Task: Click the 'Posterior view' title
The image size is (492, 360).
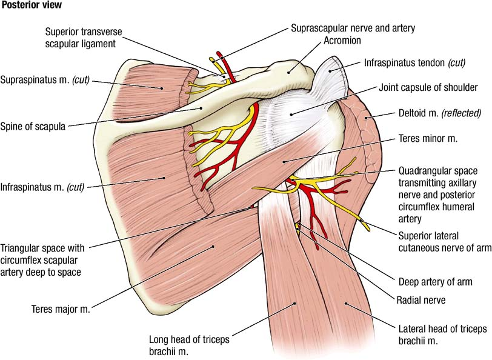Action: [x=32, y=5]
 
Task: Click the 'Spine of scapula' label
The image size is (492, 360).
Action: [x=33, y=126]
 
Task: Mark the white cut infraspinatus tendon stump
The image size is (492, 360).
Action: [x=330, y=73]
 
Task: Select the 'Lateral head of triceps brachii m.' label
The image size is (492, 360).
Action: [x=434, y=335]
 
